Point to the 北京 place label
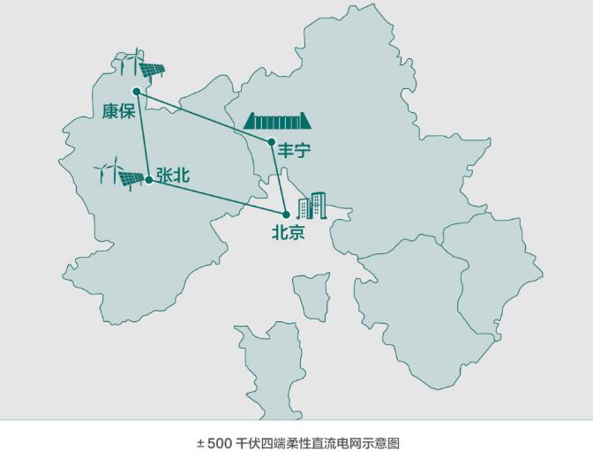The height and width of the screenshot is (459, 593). [x=288, y=234]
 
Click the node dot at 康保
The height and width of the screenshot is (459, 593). [x=136, y=91]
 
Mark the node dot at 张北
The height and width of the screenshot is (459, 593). [x=148, y=180]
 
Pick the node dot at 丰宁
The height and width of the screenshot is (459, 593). [x=271, y=141]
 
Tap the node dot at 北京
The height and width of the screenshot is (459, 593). [x=286, y=214]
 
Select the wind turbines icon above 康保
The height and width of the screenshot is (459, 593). [x=129, y=62]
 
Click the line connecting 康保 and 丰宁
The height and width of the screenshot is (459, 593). [x=203, y=116]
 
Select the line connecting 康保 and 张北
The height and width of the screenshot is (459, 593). [x=142, y=135]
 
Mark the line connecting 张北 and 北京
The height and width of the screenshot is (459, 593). [x=217, y=198]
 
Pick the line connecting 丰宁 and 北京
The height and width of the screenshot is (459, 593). [x=278, y=177]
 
